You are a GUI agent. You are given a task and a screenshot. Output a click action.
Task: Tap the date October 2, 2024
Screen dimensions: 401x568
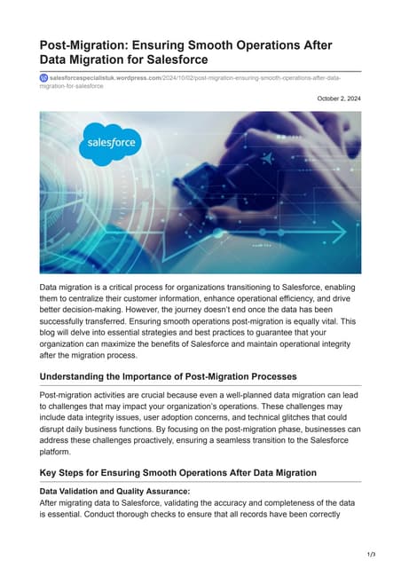coord(339,99)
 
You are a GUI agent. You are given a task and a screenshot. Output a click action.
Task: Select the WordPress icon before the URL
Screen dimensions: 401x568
coord(44,78)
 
